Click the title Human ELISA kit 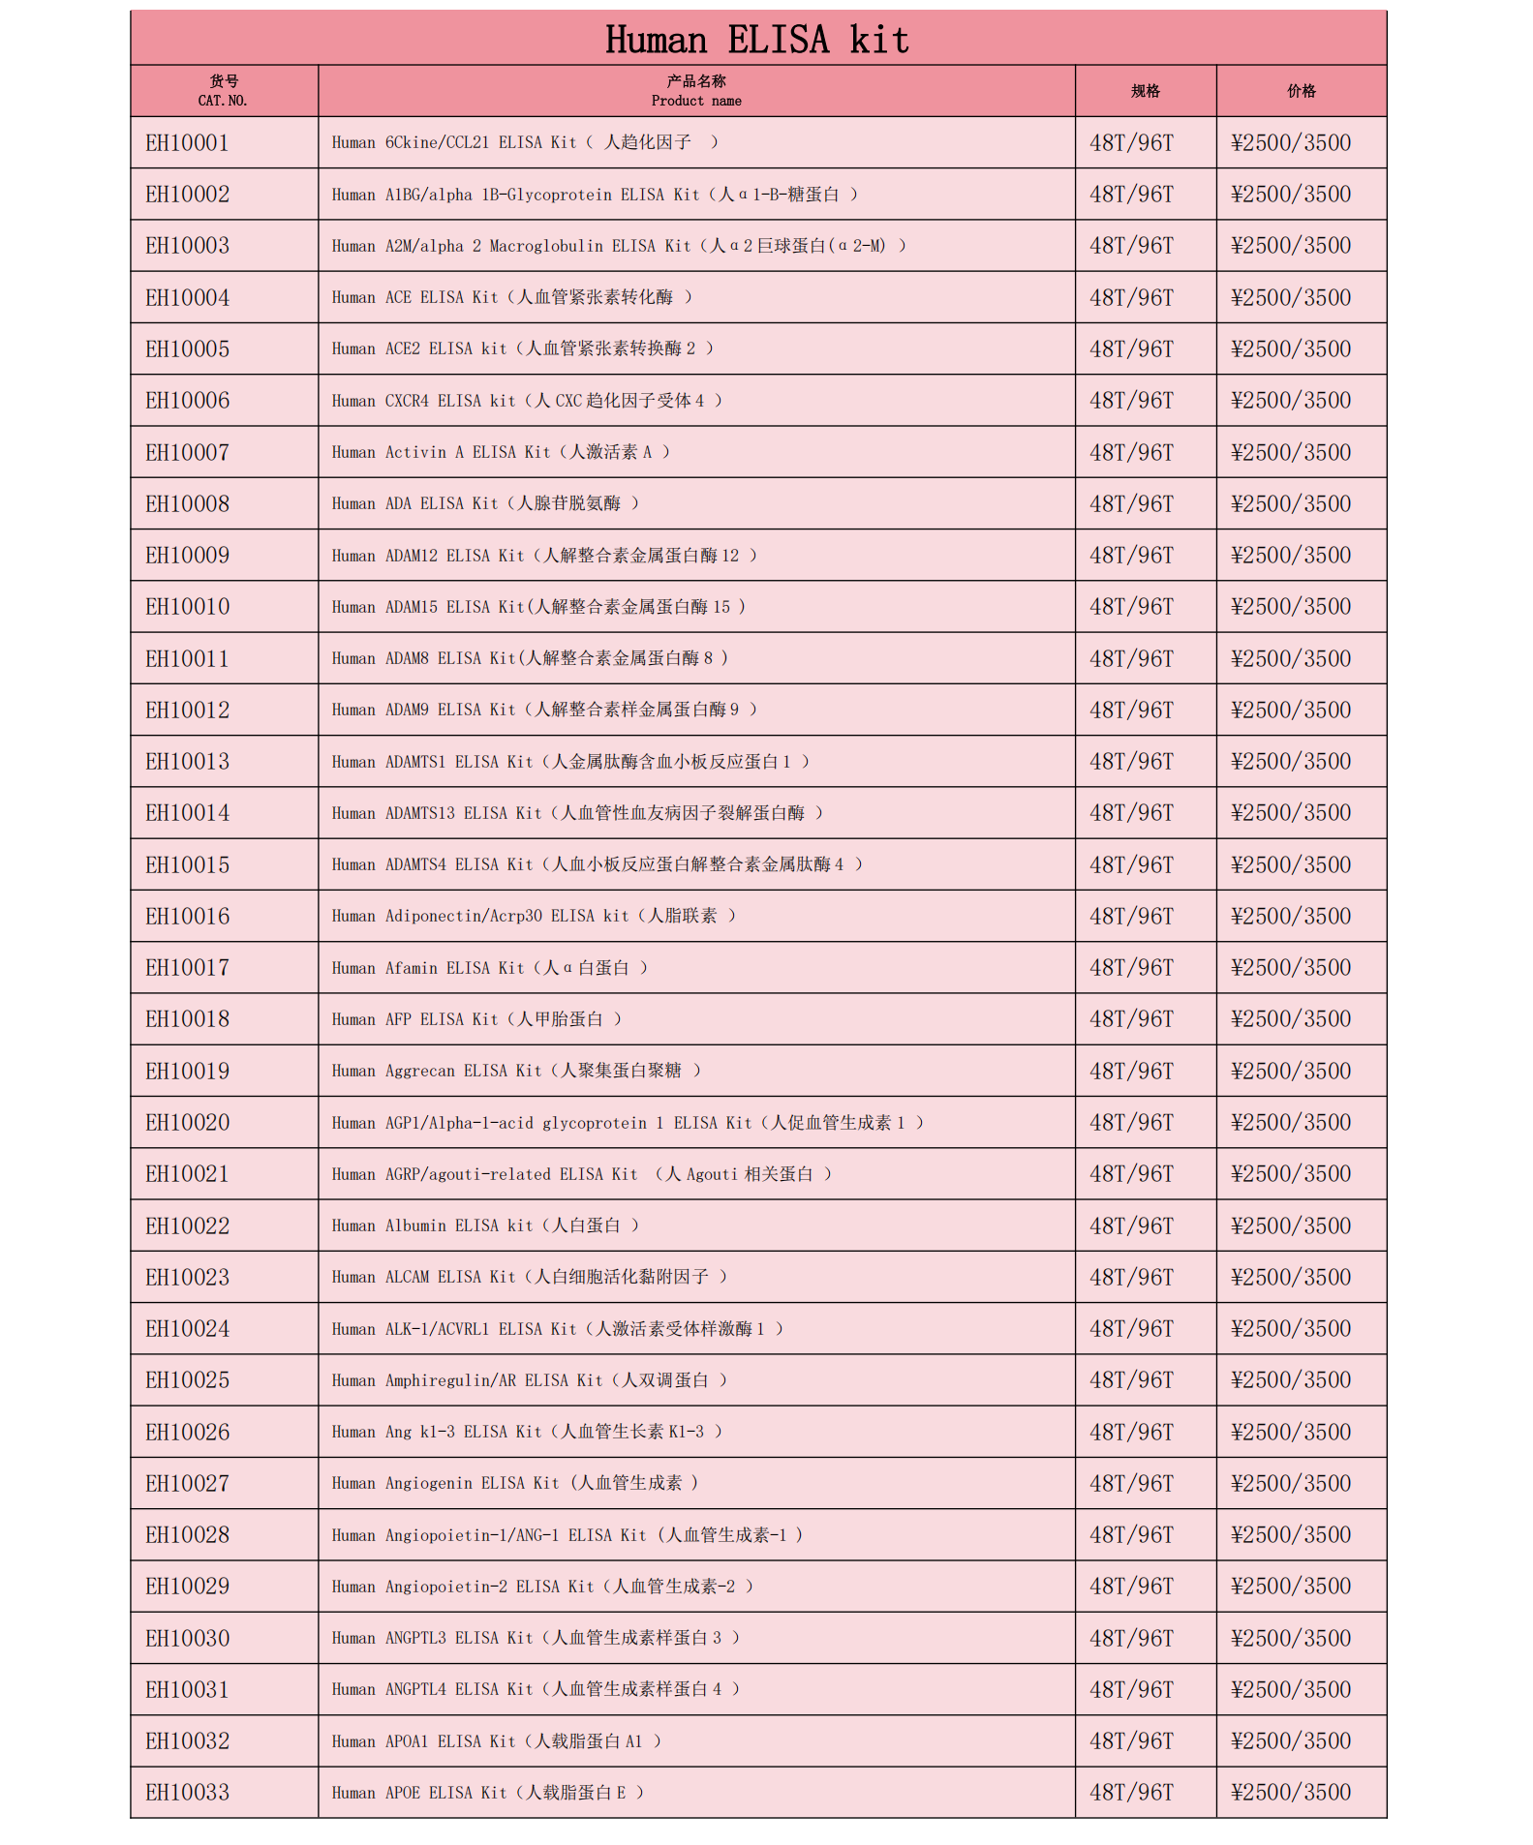point(757,40)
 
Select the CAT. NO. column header point(224,91)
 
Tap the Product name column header point(696,91)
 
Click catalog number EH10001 point(188,143)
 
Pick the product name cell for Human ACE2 point(522,348)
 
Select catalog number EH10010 point(188,607)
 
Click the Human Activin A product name point(501,452)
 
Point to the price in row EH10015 point(1291,864)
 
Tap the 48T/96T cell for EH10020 point(1131,1123)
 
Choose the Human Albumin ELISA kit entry point(485,1225)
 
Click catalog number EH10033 point(188,1793)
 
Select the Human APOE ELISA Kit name point(487,1793)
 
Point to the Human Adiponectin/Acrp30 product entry point(534,916)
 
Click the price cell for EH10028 point(1291,1535)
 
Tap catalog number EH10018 point(188,1019)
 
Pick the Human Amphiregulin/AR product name point(529,1380)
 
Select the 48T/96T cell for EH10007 point(1131,452)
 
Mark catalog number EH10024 point(188,1329)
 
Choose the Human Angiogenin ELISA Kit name point(514,1483)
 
